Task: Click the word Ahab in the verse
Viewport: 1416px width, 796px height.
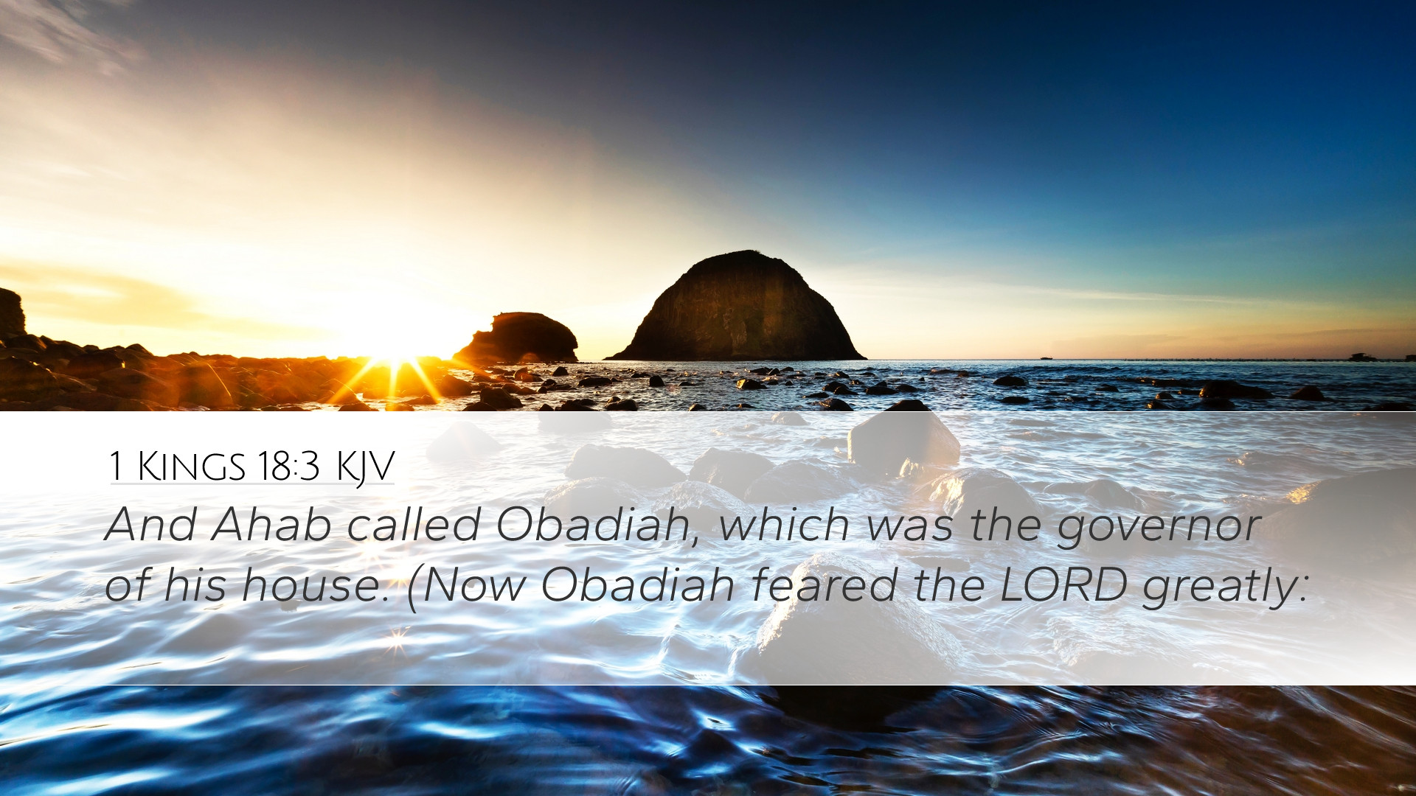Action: coord(271,525)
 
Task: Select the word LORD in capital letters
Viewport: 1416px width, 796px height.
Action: coord(1063,585)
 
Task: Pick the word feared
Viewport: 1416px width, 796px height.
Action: coord(824,585)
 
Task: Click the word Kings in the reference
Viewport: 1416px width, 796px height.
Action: coord(192,466)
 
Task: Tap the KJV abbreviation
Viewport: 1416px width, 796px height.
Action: coord(365,467)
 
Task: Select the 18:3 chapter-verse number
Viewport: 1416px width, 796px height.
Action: coord(288,466)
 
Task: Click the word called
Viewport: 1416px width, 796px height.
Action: coord(414,525)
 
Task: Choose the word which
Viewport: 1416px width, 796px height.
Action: coord(785,525)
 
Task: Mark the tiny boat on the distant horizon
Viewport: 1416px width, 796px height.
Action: coord(1046,358)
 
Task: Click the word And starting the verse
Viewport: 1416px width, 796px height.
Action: coord(150,525)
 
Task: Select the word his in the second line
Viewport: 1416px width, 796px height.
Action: coord(195,585)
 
